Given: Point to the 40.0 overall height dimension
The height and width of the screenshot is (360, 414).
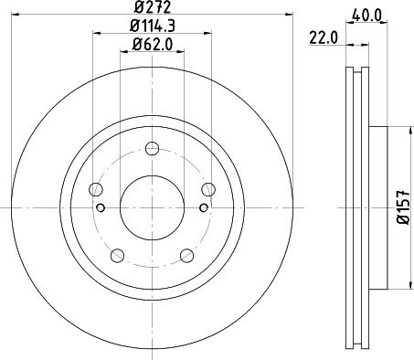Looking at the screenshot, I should coord(366,14).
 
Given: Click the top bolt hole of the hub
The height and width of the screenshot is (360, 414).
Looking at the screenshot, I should coord(153,148).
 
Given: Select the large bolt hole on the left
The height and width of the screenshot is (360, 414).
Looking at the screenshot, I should coord(95,190).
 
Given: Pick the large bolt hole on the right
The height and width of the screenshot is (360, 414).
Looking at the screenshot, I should coord(209,190).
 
